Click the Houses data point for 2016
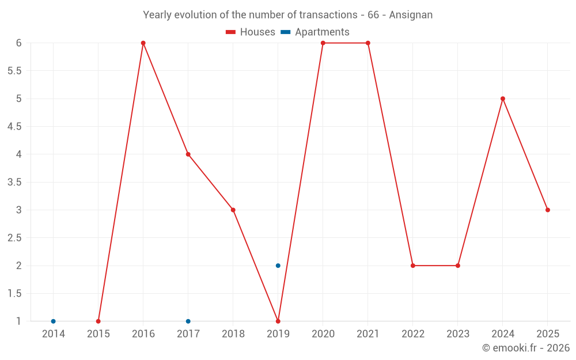point(143,43)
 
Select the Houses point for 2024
point(503,98)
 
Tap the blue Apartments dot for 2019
point(278,266)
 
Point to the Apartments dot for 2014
point(54,321)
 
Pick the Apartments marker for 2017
point(188,321)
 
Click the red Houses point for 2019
point(278,321)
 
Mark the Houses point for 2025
point(548,210)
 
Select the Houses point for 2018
point(233,210)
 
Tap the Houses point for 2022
point(413,266)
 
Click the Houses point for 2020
point(323,43)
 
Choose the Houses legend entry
point(251,32)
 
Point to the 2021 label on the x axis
point(368,334)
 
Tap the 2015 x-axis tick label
point(98,334)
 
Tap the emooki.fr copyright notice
point(526,348)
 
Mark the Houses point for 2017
point(188,154)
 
